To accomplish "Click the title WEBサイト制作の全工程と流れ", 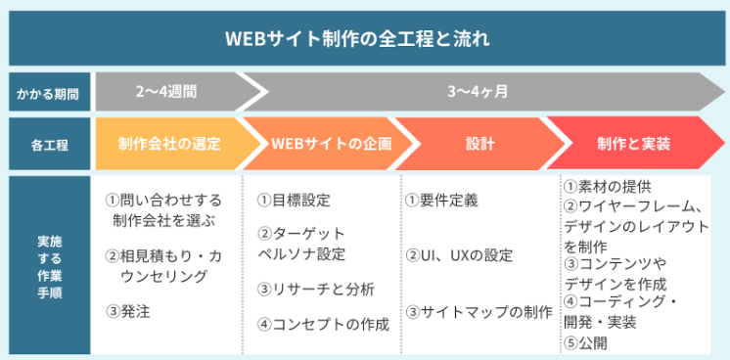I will point(365,41).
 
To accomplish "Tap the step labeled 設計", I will point(480,145).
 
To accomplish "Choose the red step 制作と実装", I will point(633,145).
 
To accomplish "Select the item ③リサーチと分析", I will point(315,290).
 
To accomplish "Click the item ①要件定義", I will point(441,201).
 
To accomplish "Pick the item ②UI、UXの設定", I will point(459,255).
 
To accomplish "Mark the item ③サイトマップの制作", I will point(479,312).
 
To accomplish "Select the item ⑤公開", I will point(587,343).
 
